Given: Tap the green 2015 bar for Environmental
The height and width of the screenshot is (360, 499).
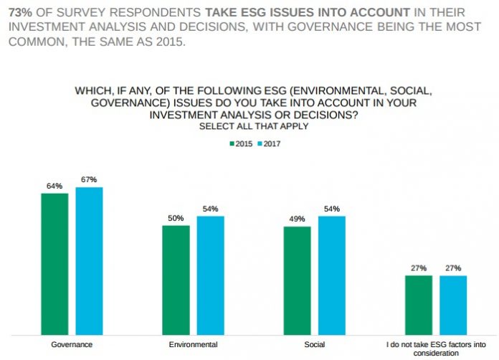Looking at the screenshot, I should pos(176,280).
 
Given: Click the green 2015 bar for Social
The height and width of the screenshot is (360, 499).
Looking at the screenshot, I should pos(297,280).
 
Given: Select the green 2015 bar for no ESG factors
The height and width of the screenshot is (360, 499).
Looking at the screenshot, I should pos(418,305).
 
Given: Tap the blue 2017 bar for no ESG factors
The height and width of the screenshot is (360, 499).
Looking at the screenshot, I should pos(452,305).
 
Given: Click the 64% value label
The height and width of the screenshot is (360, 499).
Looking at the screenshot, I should pos(54,186).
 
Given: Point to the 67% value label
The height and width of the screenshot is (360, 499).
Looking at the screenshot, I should pos(89,179).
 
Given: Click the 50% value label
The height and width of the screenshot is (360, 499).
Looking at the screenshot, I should pos(176,217).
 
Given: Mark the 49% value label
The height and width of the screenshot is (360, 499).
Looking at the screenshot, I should pos(297,219).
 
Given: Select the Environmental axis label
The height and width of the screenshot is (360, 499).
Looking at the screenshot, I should pos(193,345).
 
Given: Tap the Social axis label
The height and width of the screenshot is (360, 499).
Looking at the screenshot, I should pos(314,345).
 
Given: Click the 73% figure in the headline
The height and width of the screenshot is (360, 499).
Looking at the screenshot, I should pos(19,12).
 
